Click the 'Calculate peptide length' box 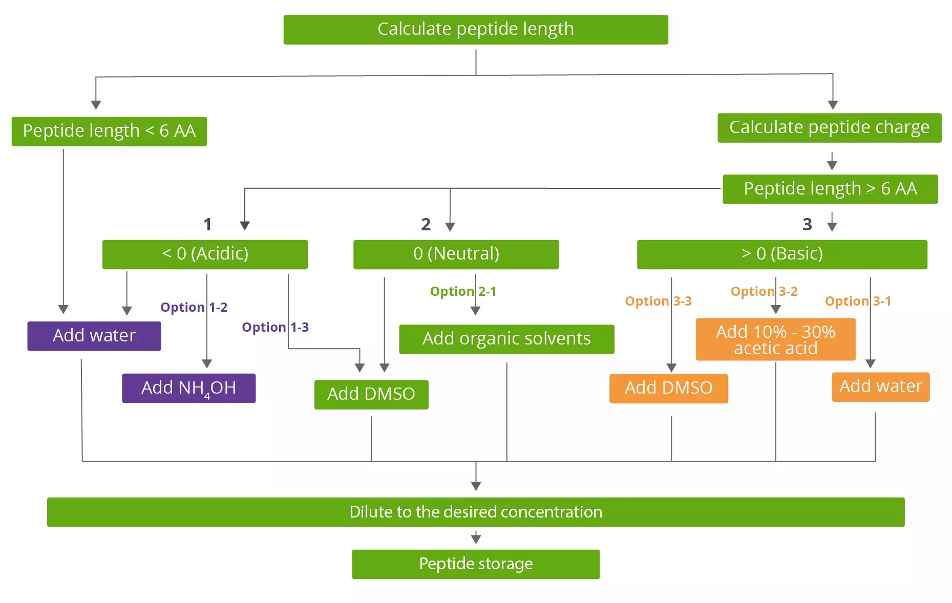[475, 30]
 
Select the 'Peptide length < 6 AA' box [109, 132]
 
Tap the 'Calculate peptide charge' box [829, 128]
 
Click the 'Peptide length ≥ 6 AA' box [830, 189]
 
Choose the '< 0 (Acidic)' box [205, 254]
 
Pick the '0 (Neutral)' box [456, 254]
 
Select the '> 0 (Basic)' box [781, 254]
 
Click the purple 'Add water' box [94, 336]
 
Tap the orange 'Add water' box [880, 386]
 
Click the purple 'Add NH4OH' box [188, 388]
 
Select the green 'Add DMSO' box [371, 394]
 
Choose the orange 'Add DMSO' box [668, 389]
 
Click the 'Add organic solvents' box [506, 339]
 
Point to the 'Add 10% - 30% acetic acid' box [775, 339]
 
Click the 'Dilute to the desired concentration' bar [475, 512]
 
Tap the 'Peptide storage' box [475, 564]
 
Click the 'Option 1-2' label [194, 307]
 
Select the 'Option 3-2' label [764, 291]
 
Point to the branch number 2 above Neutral [426, 224]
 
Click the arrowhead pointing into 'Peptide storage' [476, 539]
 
